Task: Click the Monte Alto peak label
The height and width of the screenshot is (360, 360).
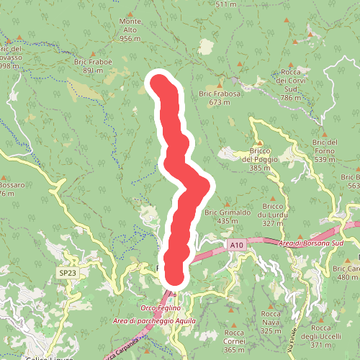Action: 130,30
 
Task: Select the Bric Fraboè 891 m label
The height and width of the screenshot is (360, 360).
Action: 94,66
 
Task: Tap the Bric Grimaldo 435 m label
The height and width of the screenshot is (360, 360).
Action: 228,217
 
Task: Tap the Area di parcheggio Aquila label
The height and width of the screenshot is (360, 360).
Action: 154,320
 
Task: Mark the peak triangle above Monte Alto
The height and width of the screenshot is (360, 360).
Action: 130,14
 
